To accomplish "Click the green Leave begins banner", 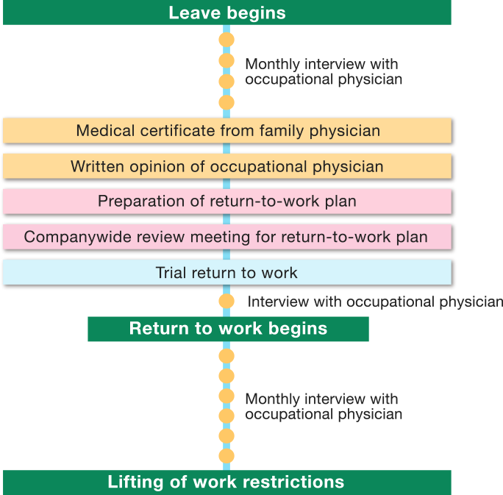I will click(226, 13).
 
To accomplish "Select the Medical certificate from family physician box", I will click(226, 131).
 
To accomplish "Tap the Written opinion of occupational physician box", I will click(226, 166).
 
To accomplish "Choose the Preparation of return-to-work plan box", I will click(226, 202).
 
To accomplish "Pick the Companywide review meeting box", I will click(226, 237).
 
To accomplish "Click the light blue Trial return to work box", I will click(226, 272).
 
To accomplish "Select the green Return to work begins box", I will click(228, 328).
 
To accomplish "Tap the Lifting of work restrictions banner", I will click(226, 482).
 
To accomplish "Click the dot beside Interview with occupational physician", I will click(226, 302).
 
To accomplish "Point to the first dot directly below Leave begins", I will click(226, 38).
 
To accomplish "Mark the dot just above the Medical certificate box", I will click(226, 102).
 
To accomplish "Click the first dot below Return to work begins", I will click(226, 356).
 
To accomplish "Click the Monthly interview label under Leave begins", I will click(323, 71).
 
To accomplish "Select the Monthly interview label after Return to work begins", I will click(323, 406).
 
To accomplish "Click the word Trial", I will click(171, 272).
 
